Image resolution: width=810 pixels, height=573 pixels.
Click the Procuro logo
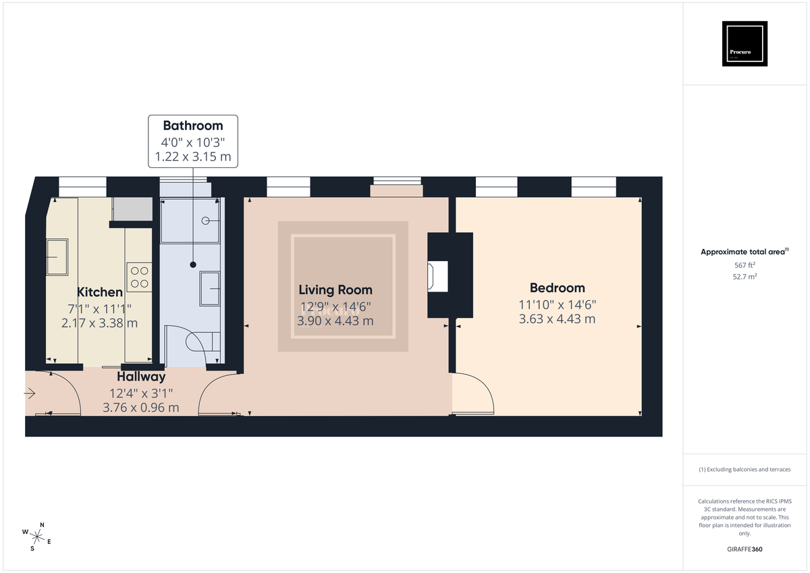pos(745,44)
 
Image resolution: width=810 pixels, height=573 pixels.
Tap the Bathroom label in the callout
pos(192,126)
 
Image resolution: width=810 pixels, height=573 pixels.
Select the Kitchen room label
pos(100,292)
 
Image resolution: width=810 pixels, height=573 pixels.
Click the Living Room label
pos(335,290)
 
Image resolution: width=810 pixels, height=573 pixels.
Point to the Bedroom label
pos(557,288)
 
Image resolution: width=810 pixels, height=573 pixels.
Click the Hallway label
pos(141,377)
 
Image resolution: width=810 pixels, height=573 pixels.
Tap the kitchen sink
pos(57,257)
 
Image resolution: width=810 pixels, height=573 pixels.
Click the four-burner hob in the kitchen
pos(139,277)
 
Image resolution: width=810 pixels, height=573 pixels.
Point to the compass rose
pos(38,537)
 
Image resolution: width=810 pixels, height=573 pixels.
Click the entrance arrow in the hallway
pos(31,393)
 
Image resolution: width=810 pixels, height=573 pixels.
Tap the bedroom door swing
pos(474,395)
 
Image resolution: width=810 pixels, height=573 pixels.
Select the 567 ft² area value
pos(745,265)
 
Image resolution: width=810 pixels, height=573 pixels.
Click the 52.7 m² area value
pos(745,277)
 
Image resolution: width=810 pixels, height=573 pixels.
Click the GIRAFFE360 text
pos(745,549)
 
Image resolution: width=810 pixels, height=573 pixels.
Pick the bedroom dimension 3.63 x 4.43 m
pos(557,319)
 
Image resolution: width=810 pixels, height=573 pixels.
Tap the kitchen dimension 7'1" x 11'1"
pos(100,308)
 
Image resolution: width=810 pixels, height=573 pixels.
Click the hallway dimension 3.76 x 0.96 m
pos(141,407)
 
